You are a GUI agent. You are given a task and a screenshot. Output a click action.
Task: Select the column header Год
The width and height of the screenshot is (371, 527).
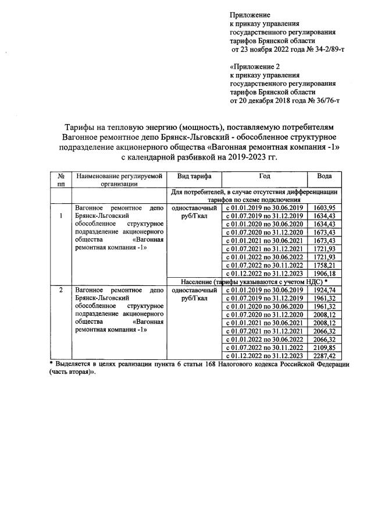click(265, 176)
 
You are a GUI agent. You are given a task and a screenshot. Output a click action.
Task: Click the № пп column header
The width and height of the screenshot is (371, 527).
click(60, 179)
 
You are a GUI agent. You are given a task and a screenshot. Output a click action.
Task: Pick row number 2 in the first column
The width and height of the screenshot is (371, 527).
click(60, 289)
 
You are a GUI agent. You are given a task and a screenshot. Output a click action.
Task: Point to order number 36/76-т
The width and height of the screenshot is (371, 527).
click(325, 101)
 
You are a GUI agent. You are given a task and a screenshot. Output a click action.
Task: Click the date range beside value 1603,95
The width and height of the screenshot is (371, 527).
click(265, 208)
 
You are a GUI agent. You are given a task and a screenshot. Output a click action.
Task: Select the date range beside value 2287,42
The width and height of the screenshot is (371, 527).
click(265, 355)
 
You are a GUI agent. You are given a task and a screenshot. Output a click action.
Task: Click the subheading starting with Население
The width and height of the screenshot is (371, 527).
click(254, 282)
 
